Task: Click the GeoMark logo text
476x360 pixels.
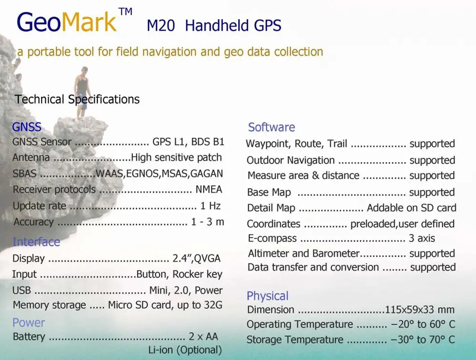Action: pyautogui.click(x=66, y=22)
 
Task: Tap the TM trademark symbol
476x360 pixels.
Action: pyautogui.click(x=125, y=12)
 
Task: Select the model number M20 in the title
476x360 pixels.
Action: pyautogui.click(x=161, y=26)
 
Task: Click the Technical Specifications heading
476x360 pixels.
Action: pyautogui.click(x=77, y=100)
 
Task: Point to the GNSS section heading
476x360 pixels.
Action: pyautogui.click(x=27, y=127)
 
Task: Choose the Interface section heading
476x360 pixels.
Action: pyautogui.click(x=36, y=242)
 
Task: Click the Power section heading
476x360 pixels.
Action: pyautogui.click(x=29, y=322)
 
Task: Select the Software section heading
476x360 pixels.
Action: pyautogui.click(x=271, y=127)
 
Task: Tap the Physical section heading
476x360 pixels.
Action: pyautogui.click(x=267, y=296)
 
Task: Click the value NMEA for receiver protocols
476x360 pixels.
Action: pyautogui.click(x=209, y=190)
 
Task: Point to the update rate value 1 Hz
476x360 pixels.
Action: pyautogui.click(x=210, y=206)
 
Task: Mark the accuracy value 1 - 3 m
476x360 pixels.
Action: pyautogui.click(x=207, y=222)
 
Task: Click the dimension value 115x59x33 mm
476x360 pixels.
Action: pyautogui.click(x=420, y=310)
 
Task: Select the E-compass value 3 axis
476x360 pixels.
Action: pyautogui.click(x=422, y=238)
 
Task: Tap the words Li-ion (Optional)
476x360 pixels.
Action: pyautogui.click(x=185, y=350)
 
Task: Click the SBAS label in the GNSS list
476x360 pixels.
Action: pyautogui.click(x=24, y=174)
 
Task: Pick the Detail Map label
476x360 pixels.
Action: pyautogui.click(x=271, y=208)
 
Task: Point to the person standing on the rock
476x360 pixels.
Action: pyautogui.click(x=82, y=90)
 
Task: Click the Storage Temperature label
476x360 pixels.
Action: pyautogui.click(x=294, y=340)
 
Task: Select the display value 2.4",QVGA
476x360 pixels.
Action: pyautogui.click(x=196, y=259)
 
